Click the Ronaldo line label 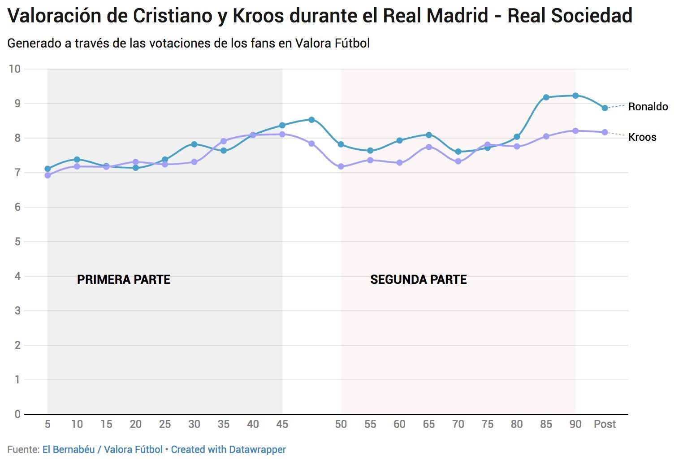[648, 107]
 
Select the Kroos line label [642, 137]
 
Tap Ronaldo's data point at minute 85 [546, 97]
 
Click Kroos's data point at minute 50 [341, 166]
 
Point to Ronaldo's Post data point [605, 108]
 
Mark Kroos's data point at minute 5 [48, 175]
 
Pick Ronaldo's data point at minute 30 [194, 144]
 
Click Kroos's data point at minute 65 [428, 147]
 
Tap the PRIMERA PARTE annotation [123, 280]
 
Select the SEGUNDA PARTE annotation [418, 280]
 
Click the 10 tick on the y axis [15, 69]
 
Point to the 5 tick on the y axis [17, 242]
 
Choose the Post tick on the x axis [605, 424]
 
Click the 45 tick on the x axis [282, 424]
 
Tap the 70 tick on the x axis [458, 424]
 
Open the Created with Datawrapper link [228, 449]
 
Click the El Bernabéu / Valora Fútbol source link [102, 449]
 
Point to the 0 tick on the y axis [17, 414]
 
